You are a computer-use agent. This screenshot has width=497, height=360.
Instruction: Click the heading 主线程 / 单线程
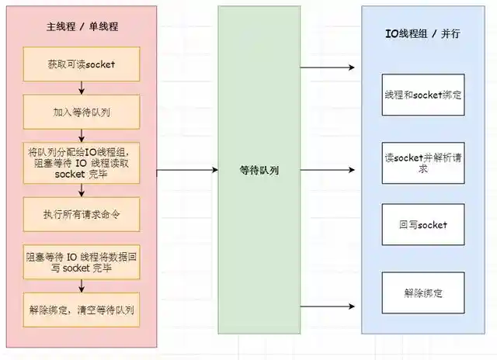coord(82,26)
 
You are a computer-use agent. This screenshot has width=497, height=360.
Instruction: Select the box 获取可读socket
coord(82,64)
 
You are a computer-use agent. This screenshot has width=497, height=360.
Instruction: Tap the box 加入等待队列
coord(82,111)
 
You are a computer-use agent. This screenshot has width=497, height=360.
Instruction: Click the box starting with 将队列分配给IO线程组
coord(82,162)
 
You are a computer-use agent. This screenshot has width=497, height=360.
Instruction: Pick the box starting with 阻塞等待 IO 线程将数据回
coord(82,261)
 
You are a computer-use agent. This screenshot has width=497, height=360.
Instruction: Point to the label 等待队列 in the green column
coord(259,170)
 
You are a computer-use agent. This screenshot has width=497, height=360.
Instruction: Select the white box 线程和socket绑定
coord(423,95)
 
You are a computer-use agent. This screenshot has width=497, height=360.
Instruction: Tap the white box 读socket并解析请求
coord(423,162)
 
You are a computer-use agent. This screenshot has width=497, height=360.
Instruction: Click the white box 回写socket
coord(423,225)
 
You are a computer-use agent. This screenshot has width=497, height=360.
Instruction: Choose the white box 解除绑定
coord(423,292)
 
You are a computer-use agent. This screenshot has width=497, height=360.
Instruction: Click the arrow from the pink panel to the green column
coord(187,170)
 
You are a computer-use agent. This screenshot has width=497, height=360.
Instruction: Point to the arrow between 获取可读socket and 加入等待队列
coord(82,88)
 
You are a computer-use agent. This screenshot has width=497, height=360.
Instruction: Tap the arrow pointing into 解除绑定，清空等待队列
coord(82,286)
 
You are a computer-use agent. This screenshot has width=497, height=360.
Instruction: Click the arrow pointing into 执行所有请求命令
coord(82,191)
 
